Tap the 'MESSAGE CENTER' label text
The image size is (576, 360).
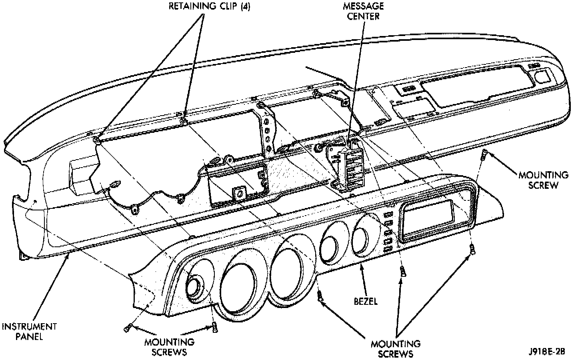click(x=363, y=11)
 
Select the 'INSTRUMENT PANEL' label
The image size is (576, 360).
click(x=29, y=331)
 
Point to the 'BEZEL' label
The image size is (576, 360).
click(x=366, y=301)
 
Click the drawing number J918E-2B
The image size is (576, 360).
click(x=546, y=352)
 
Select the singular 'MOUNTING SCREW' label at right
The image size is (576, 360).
click(x=543, y=180)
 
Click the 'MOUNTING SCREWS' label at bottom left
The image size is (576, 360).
click(x=169, y=347)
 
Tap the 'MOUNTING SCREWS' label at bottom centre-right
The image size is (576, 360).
click(x=396, y=348)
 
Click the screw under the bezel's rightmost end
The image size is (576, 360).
click(x=472, y=250)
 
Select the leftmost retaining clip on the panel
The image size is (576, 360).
click(x=96, y=140)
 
